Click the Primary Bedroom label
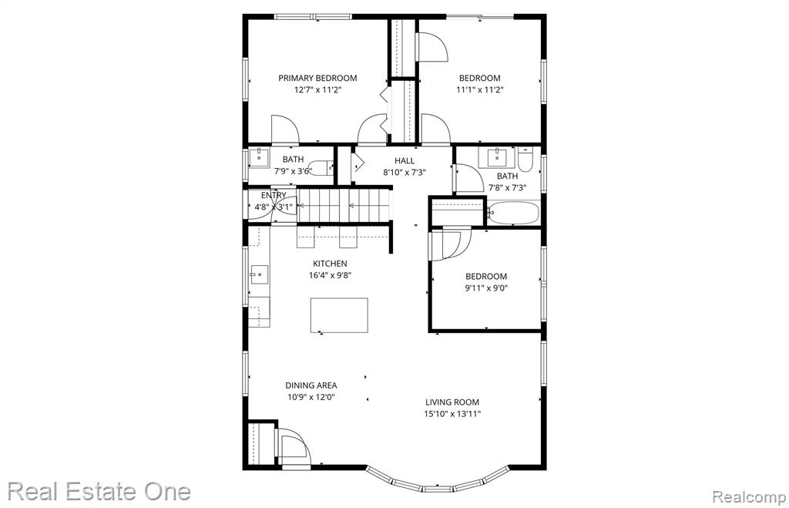[317, 78]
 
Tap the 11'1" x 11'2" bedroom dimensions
[479, 90]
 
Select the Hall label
[405, 160]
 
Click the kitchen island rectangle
[339, 315]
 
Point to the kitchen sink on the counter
[259, 274]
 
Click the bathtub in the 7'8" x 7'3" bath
[514, 213]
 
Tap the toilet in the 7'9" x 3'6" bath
[321, 167]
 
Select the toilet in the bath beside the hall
[525, 159]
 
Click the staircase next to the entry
[344, 205]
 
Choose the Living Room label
[452, 402]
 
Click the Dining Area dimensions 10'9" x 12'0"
[311, 397]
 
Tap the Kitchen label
[330, 264]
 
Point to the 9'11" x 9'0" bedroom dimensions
[486, 288]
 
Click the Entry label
[274, 195]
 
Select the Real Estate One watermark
[99, 491]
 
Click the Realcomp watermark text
[749, 497]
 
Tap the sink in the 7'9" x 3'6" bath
[259, 155]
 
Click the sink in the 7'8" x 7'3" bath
[497, 156]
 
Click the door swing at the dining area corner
[292, 446]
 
